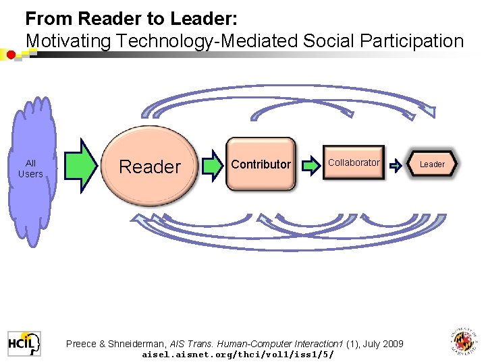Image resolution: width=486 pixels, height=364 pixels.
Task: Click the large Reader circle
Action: tap(150, 166)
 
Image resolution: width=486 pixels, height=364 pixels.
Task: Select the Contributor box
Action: tap(261, 164)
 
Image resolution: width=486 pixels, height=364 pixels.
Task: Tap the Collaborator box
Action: tap(354, 163)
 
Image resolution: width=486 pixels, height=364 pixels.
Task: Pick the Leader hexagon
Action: tap(432, 164)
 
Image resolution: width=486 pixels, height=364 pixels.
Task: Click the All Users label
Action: tap(30, 169)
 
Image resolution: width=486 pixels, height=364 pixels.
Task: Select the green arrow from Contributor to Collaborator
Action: tap(310, 164)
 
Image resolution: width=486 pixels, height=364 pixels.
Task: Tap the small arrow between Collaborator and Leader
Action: tap(396, 164)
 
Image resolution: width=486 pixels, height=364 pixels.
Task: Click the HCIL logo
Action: tap(24, 344)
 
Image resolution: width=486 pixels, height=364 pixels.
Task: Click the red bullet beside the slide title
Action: tap(11, 55)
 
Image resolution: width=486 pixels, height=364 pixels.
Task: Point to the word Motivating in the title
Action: tap(67, 40)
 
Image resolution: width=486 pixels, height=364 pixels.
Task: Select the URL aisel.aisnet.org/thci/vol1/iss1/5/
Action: tap(238, 354)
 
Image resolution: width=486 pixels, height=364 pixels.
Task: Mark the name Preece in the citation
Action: tap(81, 344)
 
